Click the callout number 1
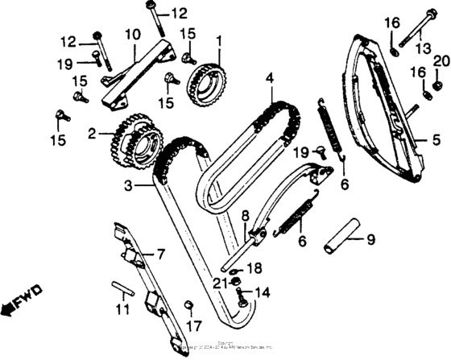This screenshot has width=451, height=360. pyautogui.click(x=217, y=39)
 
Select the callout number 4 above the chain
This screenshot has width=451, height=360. pyautogui.click(x=271, y=78)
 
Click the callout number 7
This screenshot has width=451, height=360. pyautogui.click(x=159, y=254)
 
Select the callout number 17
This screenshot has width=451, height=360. pyautogui.click(x=192, y=327)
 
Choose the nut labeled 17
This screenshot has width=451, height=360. pyautogui.click(x=191, y=304)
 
